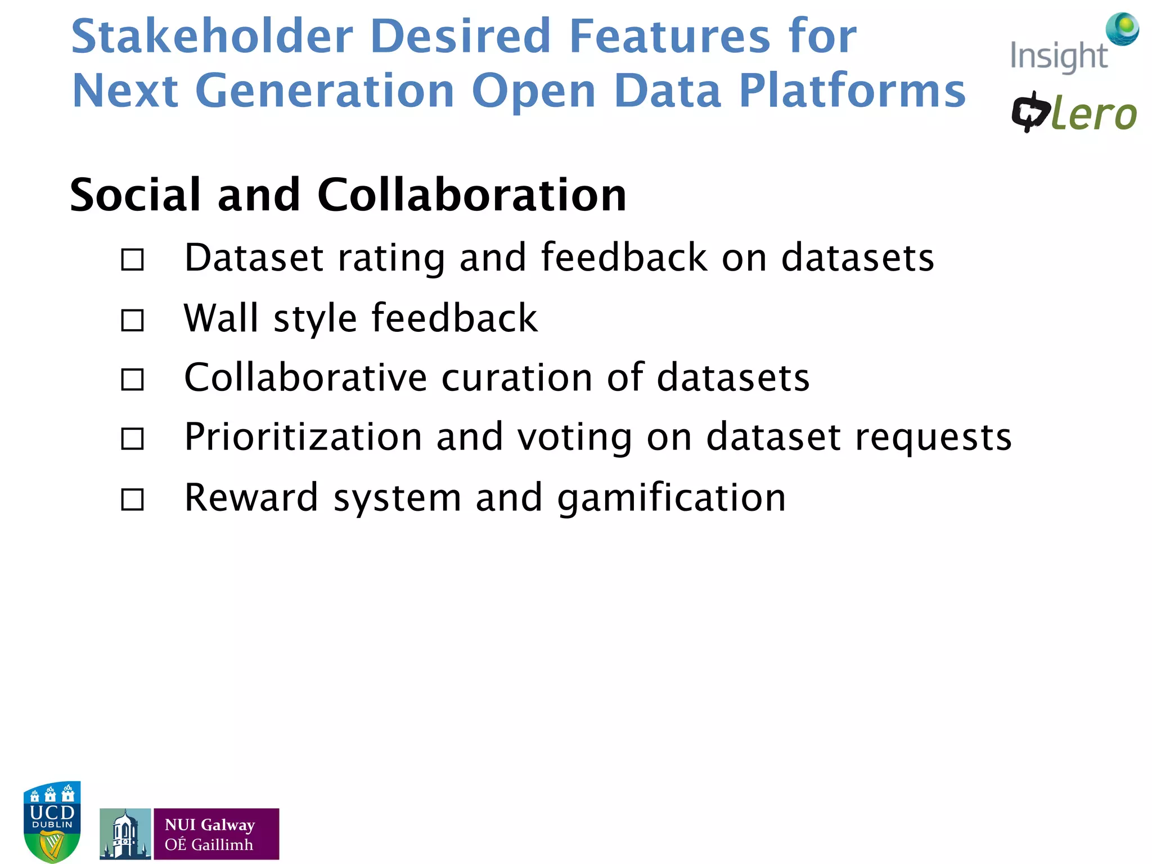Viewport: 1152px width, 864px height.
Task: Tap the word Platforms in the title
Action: pyautogui.click(x=852, y=91)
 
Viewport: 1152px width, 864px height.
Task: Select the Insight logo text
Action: pyautogui.click(x=1058, y=57)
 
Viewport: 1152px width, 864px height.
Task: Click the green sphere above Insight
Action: pyautogui.click(x=1122, y=29)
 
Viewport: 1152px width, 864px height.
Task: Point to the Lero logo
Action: pyautogui.click(x=1074, y=113)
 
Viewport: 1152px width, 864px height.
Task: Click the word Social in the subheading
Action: pyautogui.click(x=135, y=195)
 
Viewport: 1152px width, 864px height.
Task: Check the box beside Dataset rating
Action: pyautogui.click(x=133, y=260)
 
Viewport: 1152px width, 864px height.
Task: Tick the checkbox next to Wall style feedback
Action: pyautogui.click(x=133, y=321)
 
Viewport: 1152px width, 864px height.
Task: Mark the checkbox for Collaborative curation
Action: pyautogui.click(x=133, y=380)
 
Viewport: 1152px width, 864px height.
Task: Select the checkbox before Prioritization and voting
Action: pyautogui.click(x=133, y=439)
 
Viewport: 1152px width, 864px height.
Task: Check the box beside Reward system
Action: pyautogui.click(x=133, y=499)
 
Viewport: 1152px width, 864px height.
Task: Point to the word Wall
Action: pyautogui.click(x=220, y=318)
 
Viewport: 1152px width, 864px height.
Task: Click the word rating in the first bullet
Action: pyautogui.click(x=390, y=259)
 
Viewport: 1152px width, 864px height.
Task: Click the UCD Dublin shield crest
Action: pyautogui.click(x=52, y=821)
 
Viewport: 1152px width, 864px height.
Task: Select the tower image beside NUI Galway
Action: pyautogui.click(x=125, y=834)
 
